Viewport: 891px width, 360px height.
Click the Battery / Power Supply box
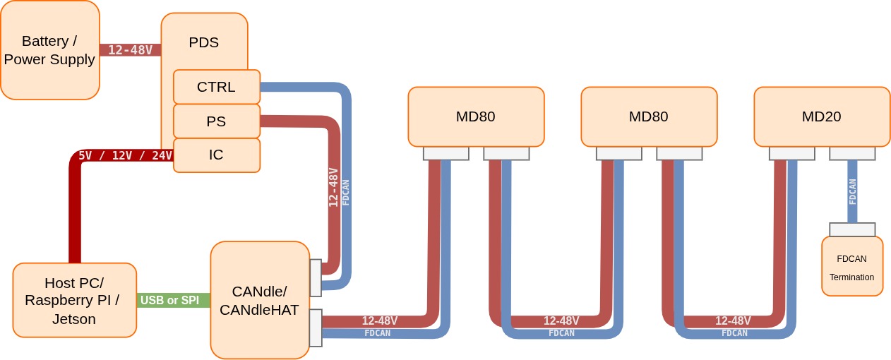click(x=49, y=50)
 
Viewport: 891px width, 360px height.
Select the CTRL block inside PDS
click(x=216, y=87)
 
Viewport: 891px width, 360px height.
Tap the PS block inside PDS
click(x=216, y=121)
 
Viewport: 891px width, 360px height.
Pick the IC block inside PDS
click(x=216, y=155)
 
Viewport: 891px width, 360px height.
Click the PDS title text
click(x=204, y=42)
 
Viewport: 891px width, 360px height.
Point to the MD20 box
click(x=822, y=116)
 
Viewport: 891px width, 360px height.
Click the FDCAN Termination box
click(x=851, y=267)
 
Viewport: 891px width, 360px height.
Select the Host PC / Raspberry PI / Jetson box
click(x=74, y=300)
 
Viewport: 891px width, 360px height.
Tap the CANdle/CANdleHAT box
click(x=259, y=300)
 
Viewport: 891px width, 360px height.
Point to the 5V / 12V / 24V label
click(x=124, y=155)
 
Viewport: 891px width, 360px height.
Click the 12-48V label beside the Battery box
click(x=130, y=50)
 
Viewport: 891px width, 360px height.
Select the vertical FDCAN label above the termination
click(x=852, y=191)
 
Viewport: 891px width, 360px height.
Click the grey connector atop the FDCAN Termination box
click(x=852, y=229)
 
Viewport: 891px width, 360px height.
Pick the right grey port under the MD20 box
click(x=852, y=153)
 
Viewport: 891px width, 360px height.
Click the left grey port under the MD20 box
click(x=791, y=153)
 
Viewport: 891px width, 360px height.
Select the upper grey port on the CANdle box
click(x=316, y=277)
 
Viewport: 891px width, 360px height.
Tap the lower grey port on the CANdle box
click(x=316, y=328)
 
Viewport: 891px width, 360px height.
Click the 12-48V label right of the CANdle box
click(x=379, y=320)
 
